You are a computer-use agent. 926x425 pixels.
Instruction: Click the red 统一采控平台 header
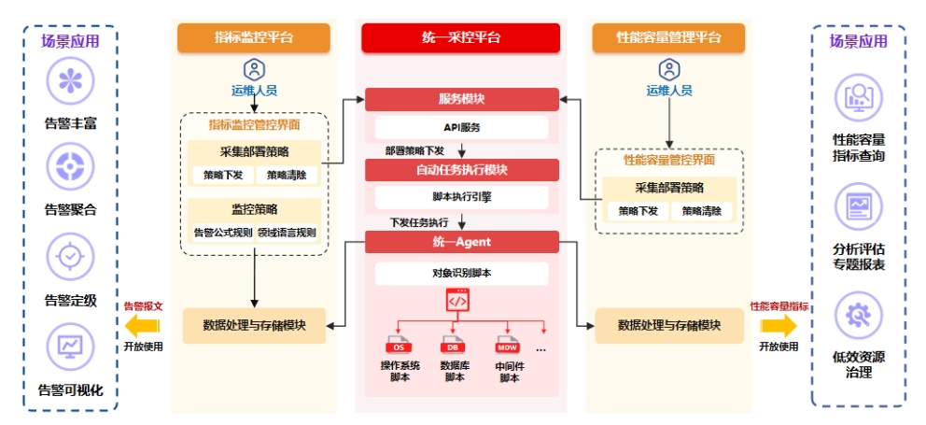[461, 37]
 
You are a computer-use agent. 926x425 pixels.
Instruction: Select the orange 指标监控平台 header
[254, 37]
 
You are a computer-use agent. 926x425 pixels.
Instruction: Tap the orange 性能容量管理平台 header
[668, 37]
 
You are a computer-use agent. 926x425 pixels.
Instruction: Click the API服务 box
[461, 127]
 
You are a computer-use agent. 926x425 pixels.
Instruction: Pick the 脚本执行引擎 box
[461, 197]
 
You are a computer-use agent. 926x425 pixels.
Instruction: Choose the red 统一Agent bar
[461, 242]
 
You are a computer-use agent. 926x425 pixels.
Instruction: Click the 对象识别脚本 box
[461, 274]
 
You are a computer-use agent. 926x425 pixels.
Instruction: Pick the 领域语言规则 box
[287, 233]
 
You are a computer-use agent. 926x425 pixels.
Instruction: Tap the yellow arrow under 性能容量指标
[779, 325]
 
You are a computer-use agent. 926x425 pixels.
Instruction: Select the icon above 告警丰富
[70, 82]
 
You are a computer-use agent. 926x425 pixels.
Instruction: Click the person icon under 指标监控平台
[253, 69]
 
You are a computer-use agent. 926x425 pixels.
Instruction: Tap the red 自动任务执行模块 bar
[461, 170]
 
